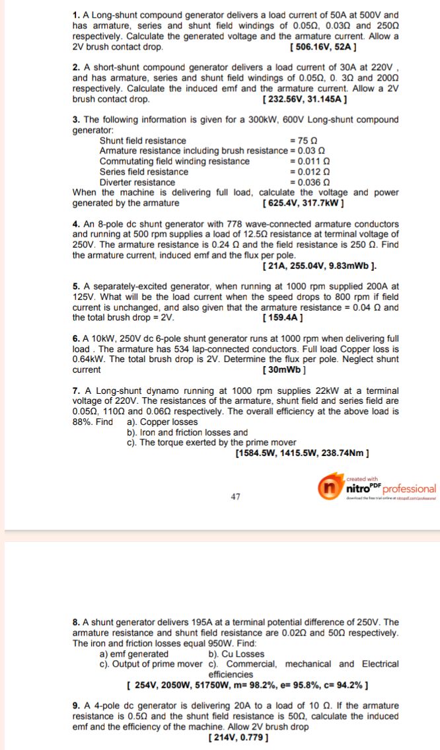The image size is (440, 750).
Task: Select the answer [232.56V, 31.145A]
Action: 305,99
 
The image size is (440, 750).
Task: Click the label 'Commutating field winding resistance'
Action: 174,161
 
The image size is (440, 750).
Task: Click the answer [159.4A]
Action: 283,318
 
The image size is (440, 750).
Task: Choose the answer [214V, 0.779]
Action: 238,737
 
